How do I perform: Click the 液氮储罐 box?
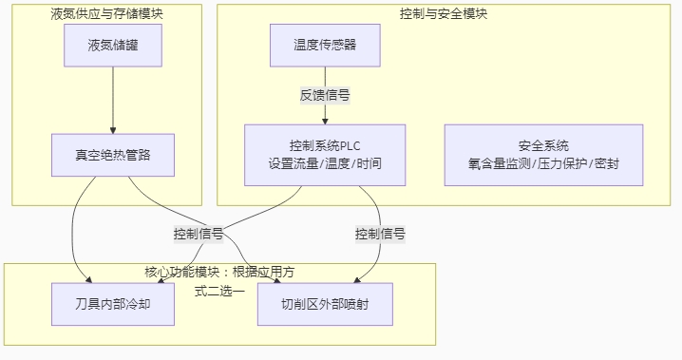click(x=112, y=45)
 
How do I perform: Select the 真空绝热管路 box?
click(x=112, y=154)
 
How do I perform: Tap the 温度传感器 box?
click(x=325, y=45)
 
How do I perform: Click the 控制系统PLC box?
click(x=325, y=154)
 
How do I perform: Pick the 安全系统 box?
click(x=543, y=154)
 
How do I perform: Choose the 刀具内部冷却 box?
click(x=112, y=304)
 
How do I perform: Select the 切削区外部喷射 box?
click(x=325, y=304)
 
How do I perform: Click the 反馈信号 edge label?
click(x=325, y=95)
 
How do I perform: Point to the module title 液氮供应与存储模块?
click(x=106, y=13)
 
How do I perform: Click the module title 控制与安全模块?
click(x=445, y=13)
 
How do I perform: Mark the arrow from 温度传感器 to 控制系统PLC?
click(x=325, y=112)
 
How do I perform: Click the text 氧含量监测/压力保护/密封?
click(x=543, y=162)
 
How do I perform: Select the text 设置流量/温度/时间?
click(x=325, y=162)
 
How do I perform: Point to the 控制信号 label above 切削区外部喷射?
click(x=380, y=233)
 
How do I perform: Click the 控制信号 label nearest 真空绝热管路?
click(x=198, y=233)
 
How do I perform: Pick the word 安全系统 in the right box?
click(x=543, y=145)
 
